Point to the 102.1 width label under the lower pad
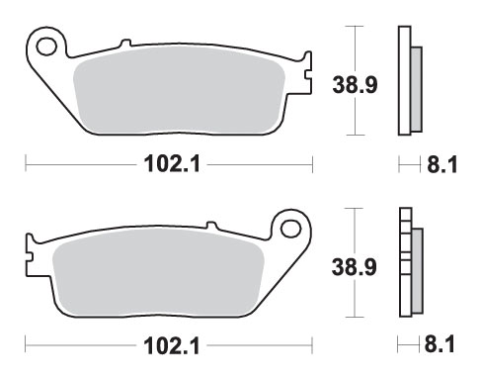click(x=168, y=346)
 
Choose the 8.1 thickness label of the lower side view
click(x=440, y=346)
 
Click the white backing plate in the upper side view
click(x=404, y=79)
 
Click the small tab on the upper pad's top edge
click(x=123, y=44)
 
